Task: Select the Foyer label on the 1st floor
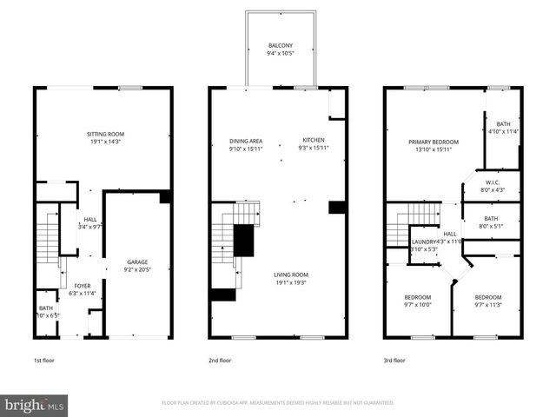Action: pos(82,285)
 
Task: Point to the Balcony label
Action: pos(280,45)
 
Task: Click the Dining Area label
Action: pos(246,141)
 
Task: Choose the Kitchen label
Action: pos(313,141)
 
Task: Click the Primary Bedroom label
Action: pos(434,141)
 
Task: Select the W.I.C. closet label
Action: pos(492,182)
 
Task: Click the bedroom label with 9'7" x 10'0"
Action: pos(417,297)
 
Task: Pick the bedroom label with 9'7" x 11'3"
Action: pos(487,297)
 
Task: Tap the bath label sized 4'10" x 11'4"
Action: pos(503,124)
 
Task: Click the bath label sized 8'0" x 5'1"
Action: pos(492,218)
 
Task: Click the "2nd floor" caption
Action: pos(220,360)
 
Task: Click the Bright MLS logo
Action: pos(35,405)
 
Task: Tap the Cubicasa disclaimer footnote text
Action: pos(278,403)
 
